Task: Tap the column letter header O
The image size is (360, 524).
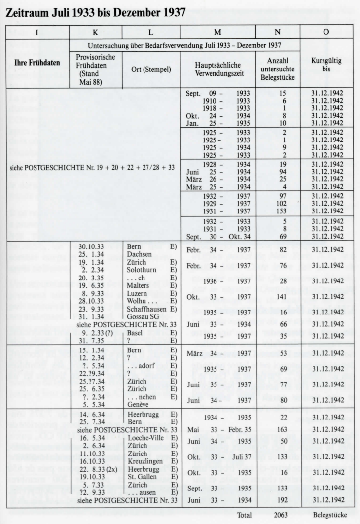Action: (326, 32)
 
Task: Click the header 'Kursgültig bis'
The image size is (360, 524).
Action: (326, 65)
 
